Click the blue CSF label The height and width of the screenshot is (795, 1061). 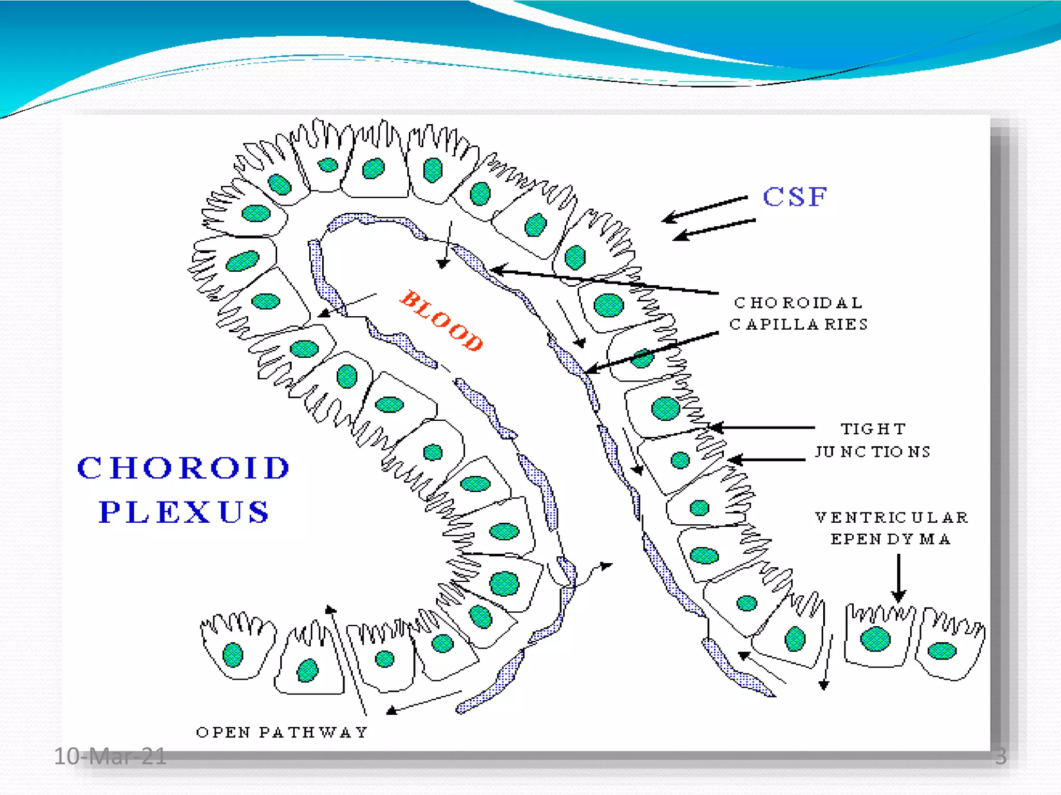pos(795,197)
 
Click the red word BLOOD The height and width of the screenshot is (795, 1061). pos(442,321)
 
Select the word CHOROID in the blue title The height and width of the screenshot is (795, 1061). pos(183,468)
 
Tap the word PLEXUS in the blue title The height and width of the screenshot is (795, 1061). pos(184,512)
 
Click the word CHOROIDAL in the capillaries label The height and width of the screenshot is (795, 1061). pos(798,303)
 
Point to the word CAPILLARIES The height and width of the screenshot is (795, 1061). pos(798,325)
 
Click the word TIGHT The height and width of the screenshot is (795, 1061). pos(873,429)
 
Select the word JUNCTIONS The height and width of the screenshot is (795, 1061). pos(873,452)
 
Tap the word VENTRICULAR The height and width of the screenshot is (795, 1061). pos(891,518)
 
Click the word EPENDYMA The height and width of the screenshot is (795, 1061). pos(891,539)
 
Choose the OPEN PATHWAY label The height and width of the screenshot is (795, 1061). pos(282,732)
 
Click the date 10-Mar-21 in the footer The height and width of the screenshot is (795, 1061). pos(110,756)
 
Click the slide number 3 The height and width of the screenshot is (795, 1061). pos(1000,756)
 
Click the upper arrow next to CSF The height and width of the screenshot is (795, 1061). pos(705,210)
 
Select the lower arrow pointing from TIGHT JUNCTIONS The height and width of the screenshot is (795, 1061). pos(767,460)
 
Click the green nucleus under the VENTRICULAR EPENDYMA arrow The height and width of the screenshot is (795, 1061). pos(875,638)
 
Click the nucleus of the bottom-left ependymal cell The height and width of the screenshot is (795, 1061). pos(233,655)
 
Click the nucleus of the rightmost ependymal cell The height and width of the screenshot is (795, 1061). pos(942,651)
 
